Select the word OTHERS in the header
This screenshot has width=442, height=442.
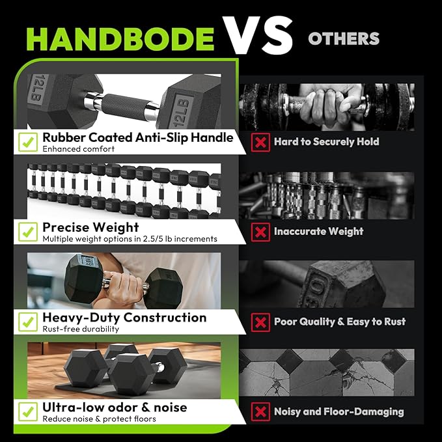click(343, 38)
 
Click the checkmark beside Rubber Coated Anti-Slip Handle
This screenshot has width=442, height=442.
click(27, 141)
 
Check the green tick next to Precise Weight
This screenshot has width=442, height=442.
click(27, 231)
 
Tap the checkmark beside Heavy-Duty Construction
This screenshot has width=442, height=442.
click(27, 321)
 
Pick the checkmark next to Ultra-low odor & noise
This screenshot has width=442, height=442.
click(27, 411)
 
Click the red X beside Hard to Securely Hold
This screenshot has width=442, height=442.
click(260, 142)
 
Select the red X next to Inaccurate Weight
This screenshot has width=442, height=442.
click(260, 232)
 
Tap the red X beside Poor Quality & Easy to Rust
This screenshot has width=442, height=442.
click(260, 322)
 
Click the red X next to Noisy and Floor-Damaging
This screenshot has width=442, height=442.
click(260, 411)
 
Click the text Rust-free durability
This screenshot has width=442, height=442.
click(81, 329)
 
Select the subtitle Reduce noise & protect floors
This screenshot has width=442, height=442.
click(99, 419)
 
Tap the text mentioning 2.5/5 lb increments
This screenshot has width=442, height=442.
click(130, 239)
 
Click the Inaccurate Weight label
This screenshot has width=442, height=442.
click(318, 231)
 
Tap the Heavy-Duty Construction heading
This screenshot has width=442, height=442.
click(124, 318)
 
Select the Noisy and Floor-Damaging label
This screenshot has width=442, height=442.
click(338, 411)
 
